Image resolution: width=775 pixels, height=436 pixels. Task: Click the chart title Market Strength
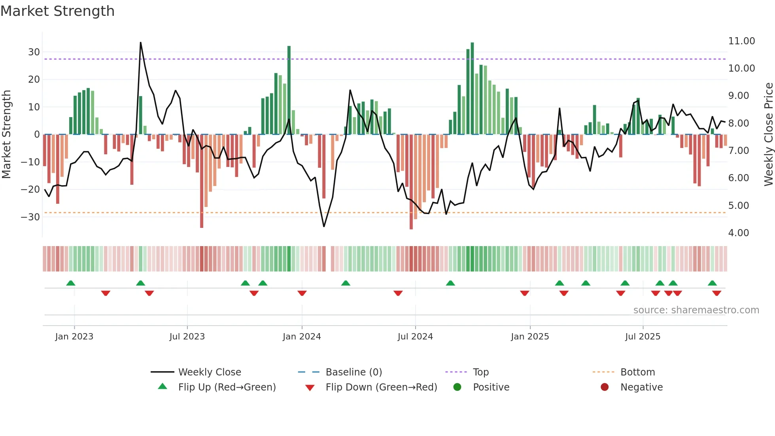tap(57, 11)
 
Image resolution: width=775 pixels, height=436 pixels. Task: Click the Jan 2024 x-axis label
tap(302, 337)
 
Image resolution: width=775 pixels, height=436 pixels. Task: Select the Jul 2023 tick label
tap(187, 337)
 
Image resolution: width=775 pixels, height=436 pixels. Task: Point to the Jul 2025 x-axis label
tap(643, 337)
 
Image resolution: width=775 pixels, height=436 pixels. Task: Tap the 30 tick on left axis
tap(34, 52)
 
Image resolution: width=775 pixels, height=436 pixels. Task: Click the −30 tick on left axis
tap(30, 217)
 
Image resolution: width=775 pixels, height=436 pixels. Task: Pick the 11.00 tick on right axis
tap(741, 41)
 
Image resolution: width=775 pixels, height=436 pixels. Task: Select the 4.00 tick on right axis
tap(738, 233)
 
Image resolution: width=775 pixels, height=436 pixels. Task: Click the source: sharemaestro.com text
tap(696, 310)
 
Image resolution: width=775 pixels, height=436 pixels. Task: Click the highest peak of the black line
tap(140, 43)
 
